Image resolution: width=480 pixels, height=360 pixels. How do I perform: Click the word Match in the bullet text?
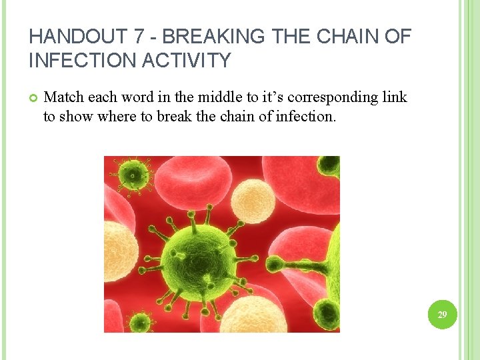63,97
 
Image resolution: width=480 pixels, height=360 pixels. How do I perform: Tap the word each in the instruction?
102,97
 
